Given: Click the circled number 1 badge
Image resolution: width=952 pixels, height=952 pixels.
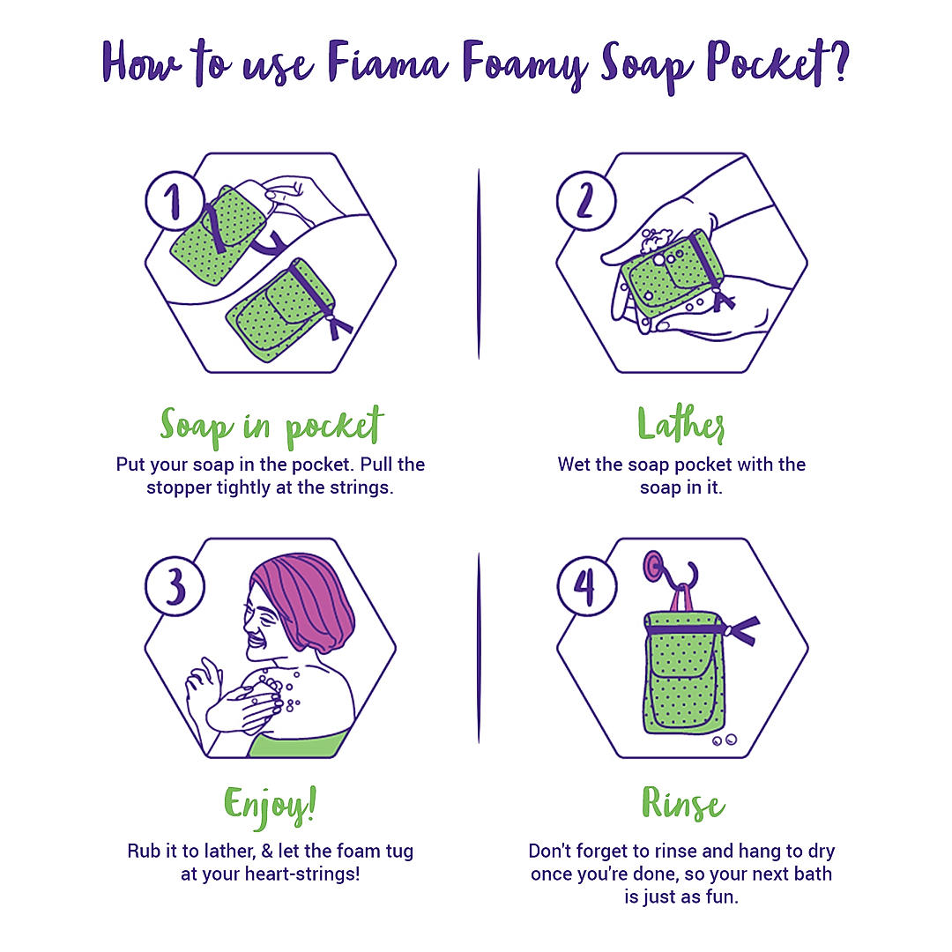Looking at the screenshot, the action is click(x=175, y=201).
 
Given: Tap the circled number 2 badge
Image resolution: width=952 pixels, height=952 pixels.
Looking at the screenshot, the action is click(x=586, y=201).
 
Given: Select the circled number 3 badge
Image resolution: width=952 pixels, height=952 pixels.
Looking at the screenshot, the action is click(x=175, y=586).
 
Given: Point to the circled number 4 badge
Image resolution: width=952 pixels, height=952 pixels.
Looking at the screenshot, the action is click(x=586, y=586).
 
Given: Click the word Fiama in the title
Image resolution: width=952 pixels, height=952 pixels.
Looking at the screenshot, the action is click(x=387, y=62).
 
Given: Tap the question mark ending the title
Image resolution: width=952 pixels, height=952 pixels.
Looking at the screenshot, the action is click(x=840, y=60).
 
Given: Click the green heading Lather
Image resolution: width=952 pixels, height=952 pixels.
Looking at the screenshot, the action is click(x=681, y=424).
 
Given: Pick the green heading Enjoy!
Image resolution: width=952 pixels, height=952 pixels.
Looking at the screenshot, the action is click(x=271, y=807).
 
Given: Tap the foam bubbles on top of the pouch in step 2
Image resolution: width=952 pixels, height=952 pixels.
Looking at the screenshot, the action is click(x=657, y=241).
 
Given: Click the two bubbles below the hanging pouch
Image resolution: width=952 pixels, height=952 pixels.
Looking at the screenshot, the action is click(x=725, y=740).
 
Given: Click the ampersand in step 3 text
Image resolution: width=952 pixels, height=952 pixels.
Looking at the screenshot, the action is click(x=266, y=852).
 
